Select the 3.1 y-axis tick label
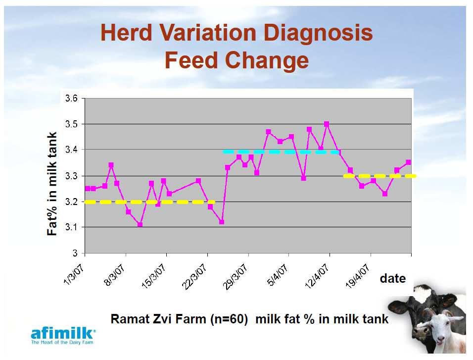(71, 227)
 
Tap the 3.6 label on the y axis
(71, 99)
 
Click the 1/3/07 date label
(74, 274)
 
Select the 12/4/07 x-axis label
(317, 276)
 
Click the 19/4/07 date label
(357, 276)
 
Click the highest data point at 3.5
(327, 124)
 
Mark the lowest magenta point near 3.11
(140, 225)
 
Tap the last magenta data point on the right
(409, 162)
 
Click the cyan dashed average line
(282, 152)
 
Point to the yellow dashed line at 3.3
(380, 176)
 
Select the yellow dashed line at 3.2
(149, 202)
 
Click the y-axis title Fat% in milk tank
(52, 184)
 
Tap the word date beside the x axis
(393, 278)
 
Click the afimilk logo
(63, 335)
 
